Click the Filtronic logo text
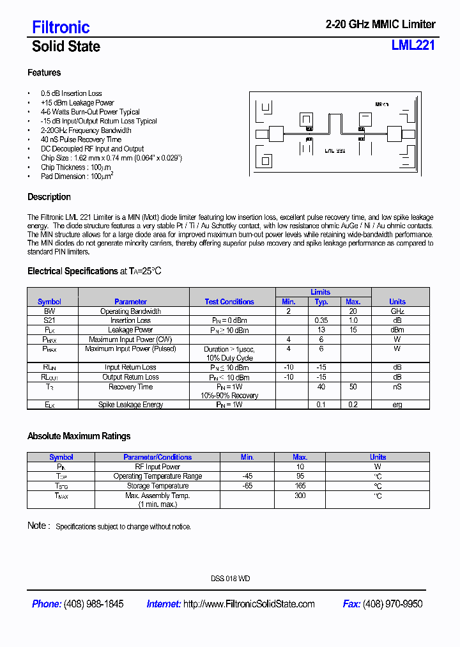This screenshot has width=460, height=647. (x=61, y=27)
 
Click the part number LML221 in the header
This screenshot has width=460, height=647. (x=413, y=45)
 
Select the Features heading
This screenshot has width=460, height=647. (x=44, y=73)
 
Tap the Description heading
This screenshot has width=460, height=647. (x=49, y=197)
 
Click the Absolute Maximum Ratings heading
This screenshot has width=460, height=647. (x=79, y=436)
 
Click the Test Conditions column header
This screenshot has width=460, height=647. (x=229, y=302)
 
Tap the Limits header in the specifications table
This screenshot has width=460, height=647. (x=320, y=292)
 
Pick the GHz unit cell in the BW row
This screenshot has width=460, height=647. (x=397, y=311)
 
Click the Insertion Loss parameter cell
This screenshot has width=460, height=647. (x=130, y=320)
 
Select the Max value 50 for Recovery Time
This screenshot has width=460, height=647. (x=353, y=387)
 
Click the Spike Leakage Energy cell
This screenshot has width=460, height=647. (x=130, y=405)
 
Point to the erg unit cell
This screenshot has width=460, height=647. (x=397, y=405)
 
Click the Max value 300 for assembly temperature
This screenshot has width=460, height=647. (x=300, y=495)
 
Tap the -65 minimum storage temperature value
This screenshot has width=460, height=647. (x=247, y=486)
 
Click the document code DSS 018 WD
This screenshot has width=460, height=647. (x=230, y=579)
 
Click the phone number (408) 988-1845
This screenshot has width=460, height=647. (x=94, y=604)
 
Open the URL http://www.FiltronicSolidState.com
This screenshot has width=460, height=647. (x=249, y=604)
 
